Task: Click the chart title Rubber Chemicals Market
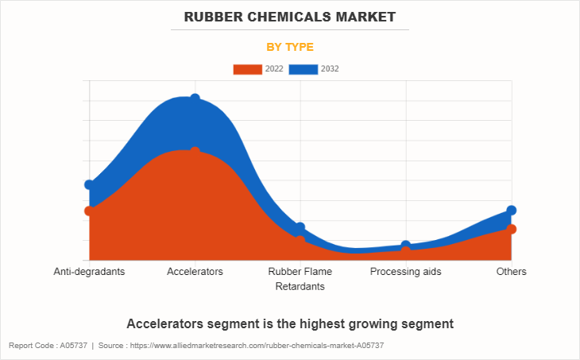289,17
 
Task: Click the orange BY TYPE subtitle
289,47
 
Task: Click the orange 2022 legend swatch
246,69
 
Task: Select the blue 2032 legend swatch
303,69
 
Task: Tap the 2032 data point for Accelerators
195,99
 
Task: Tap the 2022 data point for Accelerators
195,151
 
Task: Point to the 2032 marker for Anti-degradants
89,184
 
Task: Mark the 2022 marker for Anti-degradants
89,211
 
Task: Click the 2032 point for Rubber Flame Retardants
300,228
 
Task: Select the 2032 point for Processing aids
406,246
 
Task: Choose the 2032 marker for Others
512,210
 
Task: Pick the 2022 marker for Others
512,229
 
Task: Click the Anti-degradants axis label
89,272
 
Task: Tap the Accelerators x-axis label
195,272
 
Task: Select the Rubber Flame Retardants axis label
300,279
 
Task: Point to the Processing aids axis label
406,272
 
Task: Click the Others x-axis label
512,272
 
